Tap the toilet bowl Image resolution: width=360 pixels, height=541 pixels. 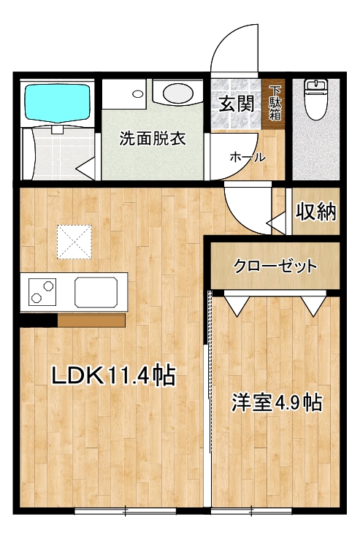click(315, 99)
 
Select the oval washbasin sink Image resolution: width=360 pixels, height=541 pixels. click(177, 93)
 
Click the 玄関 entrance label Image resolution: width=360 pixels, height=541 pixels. click(237, 104)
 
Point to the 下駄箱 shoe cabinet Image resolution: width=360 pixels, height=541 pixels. click(272, 104)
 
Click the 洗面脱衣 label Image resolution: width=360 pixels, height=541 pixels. click(153, 139)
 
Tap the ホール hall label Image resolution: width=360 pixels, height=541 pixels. click(248, 157)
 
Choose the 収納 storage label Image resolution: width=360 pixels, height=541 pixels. click(315, 212)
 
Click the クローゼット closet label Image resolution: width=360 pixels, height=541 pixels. click(275, 266)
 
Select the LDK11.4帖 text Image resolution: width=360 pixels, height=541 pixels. click(114, 375)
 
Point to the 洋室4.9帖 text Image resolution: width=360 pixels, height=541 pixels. click(277, 402)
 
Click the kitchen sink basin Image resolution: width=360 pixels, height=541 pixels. click(96, 292)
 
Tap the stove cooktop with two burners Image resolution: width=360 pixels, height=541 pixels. click(42, 292)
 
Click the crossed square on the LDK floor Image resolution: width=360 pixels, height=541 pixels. click(74, 242)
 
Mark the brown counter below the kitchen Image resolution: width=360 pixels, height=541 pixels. click(91, 321)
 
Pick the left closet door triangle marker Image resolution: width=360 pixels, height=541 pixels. click(237, 305)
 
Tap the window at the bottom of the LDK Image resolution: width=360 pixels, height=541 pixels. click(126, 510)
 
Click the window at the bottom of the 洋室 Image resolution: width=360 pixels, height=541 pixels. click(252, 510)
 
